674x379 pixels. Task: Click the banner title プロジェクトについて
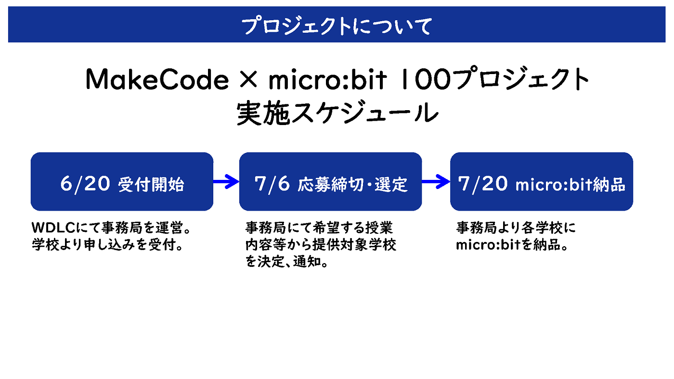click(x=337, y=26)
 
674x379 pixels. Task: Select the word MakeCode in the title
click(x=157, y=79)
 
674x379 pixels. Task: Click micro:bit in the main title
click(x=328, y=79)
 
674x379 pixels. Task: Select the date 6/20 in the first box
click(x=85, y=184)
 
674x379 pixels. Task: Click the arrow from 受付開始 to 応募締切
click(x=226, y=181)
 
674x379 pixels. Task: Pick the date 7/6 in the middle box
click(x=272, y=184)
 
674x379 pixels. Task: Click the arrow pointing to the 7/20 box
click(x=436, y=181)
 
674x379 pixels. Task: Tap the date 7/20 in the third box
click(x=482, y=184)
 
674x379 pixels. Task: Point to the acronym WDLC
click(x=53, y=228)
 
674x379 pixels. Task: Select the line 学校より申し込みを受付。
click(x=107, y=245)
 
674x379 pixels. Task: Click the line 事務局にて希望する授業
click(x=319, y=228)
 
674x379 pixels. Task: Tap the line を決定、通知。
click(x=286, y=262)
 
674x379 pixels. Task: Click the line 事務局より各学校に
click(x=516, y=228)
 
